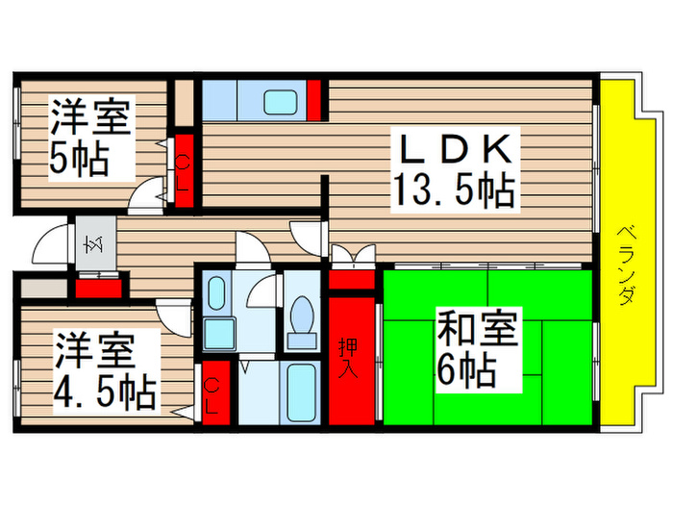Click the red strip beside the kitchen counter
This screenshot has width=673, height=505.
pos(313,98)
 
